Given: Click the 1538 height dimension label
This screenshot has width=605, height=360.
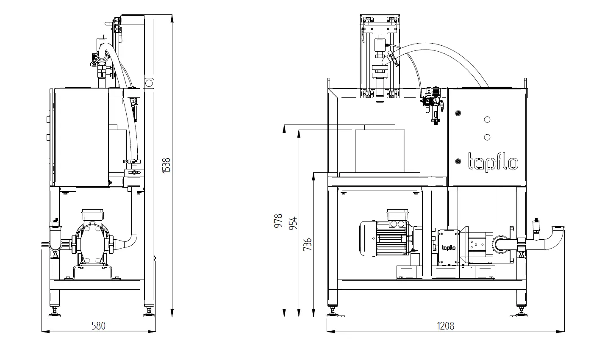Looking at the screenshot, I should tap(166, 165).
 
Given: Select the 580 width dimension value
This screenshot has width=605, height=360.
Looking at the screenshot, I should tap(98, 326).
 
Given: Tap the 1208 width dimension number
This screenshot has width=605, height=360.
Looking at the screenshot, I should tap(445, 326).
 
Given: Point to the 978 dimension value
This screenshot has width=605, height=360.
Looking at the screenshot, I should tap(278, 221).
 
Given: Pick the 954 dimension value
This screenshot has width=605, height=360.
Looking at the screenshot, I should tap(293, 223).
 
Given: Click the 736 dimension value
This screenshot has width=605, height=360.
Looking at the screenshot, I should tap(308, 244).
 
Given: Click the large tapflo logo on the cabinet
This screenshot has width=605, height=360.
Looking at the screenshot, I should tap(493, 162).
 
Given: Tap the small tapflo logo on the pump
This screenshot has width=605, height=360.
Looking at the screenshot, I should tap(448, 248).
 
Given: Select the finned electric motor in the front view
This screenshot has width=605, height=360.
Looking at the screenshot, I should tap(383, 238).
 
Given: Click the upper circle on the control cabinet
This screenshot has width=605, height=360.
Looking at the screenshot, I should tap(487, 120).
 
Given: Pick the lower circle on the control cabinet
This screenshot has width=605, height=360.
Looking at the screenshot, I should tap(487, 137).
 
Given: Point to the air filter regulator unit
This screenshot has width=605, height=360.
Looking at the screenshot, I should tap(433, 104).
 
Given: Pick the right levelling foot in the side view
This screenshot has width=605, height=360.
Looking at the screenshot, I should tap(149, 313).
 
